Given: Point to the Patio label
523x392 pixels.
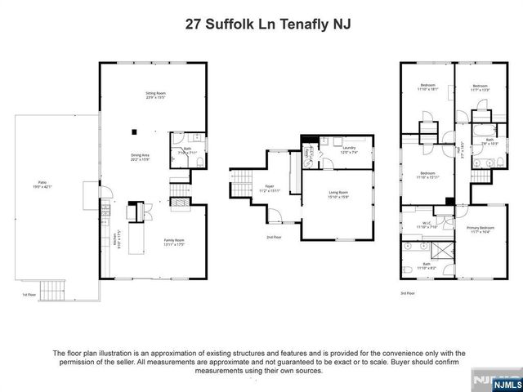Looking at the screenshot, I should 43,185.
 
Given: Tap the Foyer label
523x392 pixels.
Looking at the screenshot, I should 269,189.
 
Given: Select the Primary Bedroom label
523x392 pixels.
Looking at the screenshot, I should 480,229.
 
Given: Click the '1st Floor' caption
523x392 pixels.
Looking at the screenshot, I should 29,294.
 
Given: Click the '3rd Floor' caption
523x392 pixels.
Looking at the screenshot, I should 407,292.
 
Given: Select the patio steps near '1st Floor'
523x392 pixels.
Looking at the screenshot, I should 51,288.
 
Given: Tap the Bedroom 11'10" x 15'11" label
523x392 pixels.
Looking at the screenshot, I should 427,175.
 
